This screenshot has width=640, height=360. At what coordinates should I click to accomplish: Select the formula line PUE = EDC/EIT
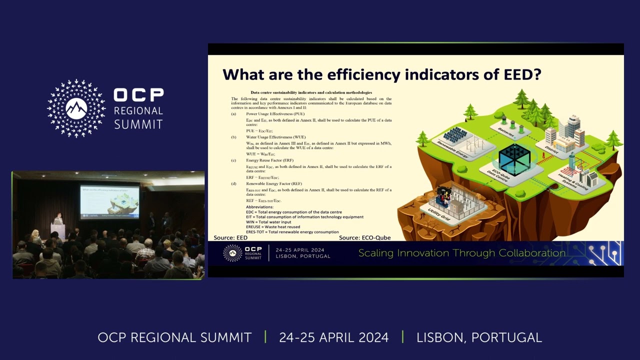[x=259, y=131]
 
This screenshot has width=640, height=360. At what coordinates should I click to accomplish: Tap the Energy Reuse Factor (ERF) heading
[x=269, y=160]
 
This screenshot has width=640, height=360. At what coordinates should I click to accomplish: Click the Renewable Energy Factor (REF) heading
[x=273, y=183]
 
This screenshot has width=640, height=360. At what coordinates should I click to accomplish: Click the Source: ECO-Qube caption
[x=364, y=237]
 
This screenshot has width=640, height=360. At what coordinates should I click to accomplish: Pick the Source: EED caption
[x=230, y=237]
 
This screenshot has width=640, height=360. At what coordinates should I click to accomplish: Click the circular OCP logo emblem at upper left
[x=76, y=108]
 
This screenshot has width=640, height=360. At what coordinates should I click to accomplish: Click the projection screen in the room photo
[x=109, y=201]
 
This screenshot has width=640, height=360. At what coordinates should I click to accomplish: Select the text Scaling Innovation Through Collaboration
[x=461, y=253]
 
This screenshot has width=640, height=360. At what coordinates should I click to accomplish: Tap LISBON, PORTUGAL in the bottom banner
[x=479, y=337]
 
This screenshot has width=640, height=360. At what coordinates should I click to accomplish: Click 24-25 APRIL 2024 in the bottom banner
[x=333, y=337]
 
